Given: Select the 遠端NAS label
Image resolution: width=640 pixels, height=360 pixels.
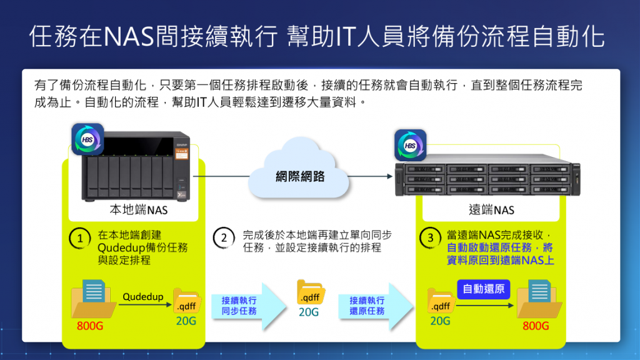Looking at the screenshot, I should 491,210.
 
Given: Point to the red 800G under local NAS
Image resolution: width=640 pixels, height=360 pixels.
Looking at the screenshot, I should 90,326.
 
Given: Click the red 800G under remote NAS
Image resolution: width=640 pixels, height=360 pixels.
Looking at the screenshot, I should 536,326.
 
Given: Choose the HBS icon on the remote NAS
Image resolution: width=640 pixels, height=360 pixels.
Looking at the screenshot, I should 410,146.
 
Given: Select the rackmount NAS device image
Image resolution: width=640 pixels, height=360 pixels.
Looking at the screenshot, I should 488,177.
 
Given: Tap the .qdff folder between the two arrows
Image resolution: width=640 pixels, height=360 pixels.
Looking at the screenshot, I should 310,294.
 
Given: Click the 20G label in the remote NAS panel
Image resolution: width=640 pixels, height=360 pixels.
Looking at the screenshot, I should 440,321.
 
